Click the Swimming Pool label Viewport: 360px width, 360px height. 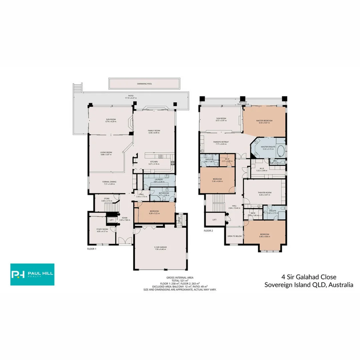(x=144, y=84)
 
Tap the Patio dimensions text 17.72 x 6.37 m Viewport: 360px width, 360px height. (x=131, y=98)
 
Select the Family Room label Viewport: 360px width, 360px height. (x=154, y=130)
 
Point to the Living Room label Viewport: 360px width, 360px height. (x=106, y=152)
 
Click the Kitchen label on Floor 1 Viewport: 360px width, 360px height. (x=154, y=162)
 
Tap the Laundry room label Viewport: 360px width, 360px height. (x=158, y=179)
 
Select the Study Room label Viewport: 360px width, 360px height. (x=102, y=229)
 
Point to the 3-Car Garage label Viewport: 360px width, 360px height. (x=160, y=247)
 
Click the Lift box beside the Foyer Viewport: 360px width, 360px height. (x=111, y=220)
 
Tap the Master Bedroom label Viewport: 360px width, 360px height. (x=264, y=120)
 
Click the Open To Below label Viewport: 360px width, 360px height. (x=234, y=236)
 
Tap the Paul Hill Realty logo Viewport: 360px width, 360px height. (x=32, y=274)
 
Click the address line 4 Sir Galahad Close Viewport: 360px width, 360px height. (x=309, y=277)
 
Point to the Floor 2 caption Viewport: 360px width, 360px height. (x=208, y=230)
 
